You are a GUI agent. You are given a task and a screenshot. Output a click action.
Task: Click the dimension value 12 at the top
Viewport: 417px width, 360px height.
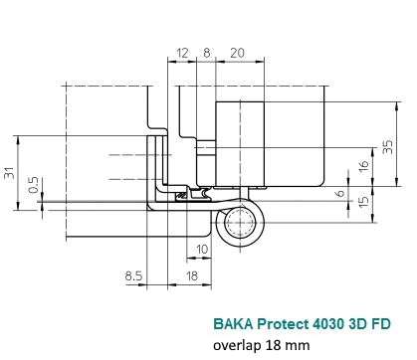point(182,53)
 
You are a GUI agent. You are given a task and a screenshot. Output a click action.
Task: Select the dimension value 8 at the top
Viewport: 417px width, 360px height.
point(206,53)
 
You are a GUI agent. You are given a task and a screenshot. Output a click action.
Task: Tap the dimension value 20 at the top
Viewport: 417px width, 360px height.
point(237,53)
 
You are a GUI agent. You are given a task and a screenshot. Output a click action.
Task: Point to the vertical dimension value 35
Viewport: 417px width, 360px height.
point(387,146)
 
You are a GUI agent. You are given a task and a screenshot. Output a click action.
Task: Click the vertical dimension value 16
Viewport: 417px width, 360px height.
point(363,165)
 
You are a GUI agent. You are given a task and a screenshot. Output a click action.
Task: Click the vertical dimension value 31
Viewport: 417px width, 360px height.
point(10,172)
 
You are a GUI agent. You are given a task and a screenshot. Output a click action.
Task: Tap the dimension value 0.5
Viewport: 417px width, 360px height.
point(34,185)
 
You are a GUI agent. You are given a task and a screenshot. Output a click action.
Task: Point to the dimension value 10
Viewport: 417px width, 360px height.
point(202,249)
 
